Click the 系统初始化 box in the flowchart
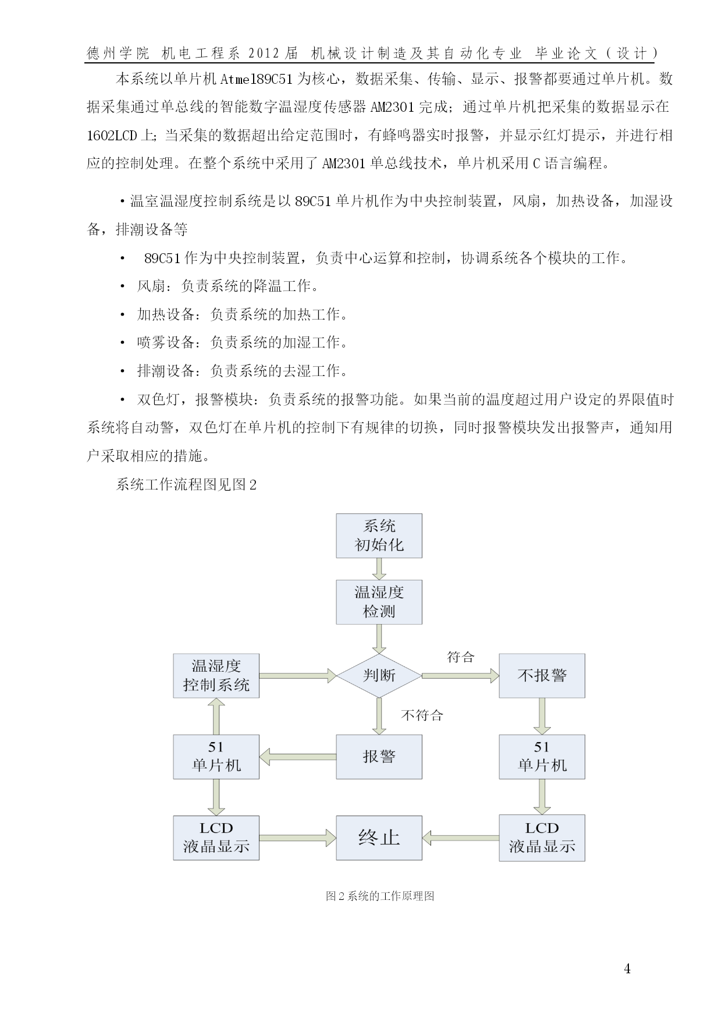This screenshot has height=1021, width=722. click(379, 536)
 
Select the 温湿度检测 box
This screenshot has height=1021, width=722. click(379, 602)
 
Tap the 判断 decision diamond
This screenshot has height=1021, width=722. click(379, 675)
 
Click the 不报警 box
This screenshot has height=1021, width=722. click(542, 675)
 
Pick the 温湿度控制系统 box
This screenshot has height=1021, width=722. click(216, 675)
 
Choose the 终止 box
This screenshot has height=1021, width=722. click(379, 838)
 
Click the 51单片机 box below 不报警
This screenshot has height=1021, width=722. click(542, 757)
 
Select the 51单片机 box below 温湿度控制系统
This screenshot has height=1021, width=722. click(216, 757)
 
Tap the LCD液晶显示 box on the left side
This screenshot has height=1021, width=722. click(216, 838)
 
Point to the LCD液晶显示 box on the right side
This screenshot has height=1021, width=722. click(542, 838)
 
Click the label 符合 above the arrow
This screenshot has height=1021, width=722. click(461, 657)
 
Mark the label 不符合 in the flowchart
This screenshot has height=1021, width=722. click(422, 715)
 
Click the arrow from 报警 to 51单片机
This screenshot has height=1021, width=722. click(298, 757)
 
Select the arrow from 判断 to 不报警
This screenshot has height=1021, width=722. click(460, 675)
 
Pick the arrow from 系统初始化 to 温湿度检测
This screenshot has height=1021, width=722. click(379, 569)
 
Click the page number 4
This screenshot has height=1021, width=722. click(627, 969)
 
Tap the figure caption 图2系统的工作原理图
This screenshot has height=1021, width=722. click(380, 896)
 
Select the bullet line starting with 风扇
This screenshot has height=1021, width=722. click(220, 286)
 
